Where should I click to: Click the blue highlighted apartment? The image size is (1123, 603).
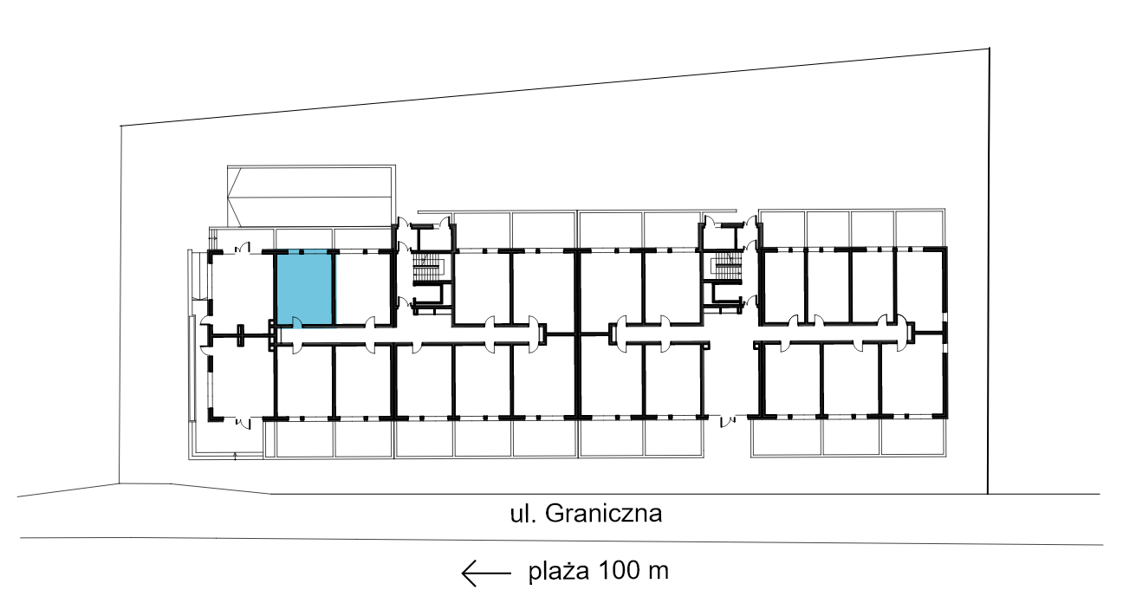click(x=305, y=288)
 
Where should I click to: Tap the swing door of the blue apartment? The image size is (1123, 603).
click(x=297, y=322)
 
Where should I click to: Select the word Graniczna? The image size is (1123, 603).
click(x=604, y=513)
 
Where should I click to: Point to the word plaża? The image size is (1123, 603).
click(x=559, y=571)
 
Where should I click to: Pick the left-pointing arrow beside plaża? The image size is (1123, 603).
click(x=486, y=574)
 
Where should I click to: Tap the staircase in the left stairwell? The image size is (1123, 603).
click(x=426, y=267)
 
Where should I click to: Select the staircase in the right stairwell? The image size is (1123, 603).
click(x=728, y=266)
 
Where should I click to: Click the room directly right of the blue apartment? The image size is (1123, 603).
click(x=363, y=288)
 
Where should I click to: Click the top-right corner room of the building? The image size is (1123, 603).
click(x=919, y=286)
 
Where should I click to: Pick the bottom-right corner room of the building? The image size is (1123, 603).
click(x=912, y=380)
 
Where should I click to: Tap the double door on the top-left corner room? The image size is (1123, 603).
click(x=242, y=248)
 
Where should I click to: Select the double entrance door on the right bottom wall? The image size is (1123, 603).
click(x=728, y=421)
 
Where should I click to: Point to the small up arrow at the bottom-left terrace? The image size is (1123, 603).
click(x=235, y=456)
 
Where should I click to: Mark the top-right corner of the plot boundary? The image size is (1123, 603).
click(x=990, y=49)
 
